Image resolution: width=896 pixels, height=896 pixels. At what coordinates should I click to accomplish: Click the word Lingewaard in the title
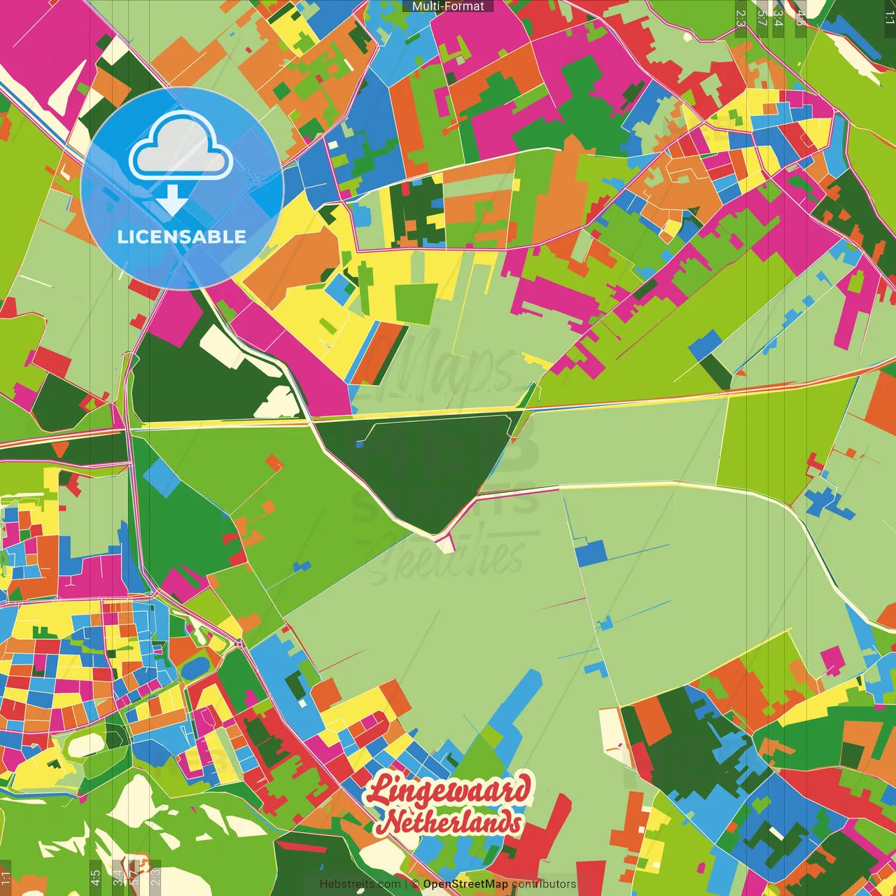(x=448, y=790)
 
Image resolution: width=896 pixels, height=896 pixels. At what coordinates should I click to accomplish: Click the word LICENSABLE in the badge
(x=181, y=237)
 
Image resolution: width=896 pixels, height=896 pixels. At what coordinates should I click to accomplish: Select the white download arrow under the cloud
(x=171, y=200)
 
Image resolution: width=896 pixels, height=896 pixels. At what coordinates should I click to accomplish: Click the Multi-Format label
(x=448, y=6)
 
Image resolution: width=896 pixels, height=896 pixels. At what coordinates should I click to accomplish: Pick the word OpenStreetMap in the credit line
(x=465, y=884)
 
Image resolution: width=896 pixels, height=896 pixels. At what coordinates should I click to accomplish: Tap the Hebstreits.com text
(x=360, y=884)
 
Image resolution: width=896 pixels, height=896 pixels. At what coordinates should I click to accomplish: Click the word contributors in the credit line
(x=544, y=884)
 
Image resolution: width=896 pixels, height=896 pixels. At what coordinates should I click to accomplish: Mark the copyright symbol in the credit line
(x=415, y=884)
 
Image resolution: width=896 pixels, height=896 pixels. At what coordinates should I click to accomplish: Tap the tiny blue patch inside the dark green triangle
(x=360, y=444)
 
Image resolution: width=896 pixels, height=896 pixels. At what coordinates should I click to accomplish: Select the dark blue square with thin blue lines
(x=590, y=553)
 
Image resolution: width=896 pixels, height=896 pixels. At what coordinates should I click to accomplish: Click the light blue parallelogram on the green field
(x=161, y=477)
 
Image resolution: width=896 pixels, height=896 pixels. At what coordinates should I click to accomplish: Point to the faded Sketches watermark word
(x=448, y=556)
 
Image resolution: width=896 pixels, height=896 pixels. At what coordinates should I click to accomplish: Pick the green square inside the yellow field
(x=416, y=304)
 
